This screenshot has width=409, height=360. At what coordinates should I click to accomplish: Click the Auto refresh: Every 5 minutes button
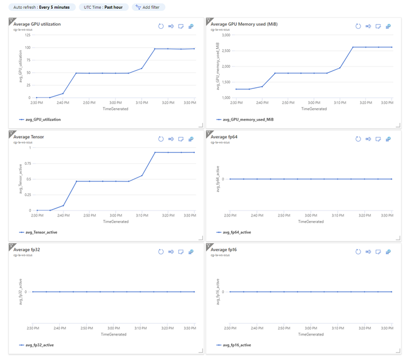(x=41, y=7)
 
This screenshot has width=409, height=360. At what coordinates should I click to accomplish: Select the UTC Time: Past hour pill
(x=104, y=7)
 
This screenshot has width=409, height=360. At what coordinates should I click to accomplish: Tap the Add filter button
(x=148, y=7)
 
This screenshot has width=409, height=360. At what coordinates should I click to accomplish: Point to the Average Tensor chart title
(x=29, y=137)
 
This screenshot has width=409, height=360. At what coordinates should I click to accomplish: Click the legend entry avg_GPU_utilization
(x=43, y=119)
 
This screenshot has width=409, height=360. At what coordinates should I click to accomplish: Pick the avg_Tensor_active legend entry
(x=40, y=232)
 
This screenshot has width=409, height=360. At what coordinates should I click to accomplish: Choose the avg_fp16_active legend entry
(x=236, y=345)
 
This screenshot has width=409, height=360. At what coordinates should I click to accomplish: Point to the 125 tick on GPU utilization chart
(x=27, y=35)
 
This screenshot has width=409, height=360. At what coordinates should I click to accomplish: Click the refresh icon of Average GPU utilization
(x=161, y=26)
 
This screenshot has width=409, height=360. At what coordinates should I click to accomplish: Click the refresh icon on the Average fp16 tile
(x=358, y=251)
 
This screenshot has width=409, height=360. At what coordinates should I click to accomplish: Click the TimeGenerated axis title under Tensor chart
(x=116, y=221)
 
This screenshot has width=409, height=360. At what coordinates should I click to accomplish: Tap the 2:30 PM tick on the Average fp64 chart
(x=236, y=215)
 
